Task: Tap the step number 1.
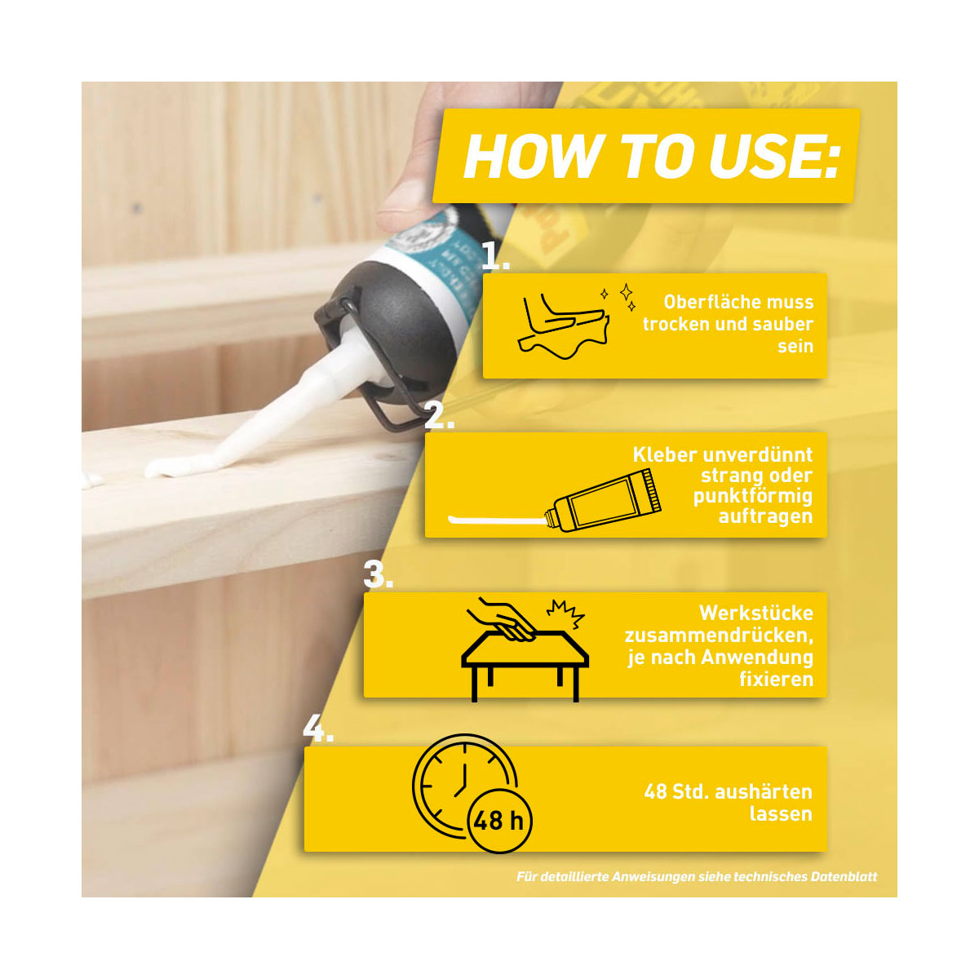pyautogui.click(x=494, y=256)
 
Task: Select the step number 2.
pyautogui.click(x=438, y=416)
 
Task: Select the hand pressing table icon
pyautogui.click(x=525, y=649)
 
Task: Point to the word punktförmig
pyautogui.click(x=752, y=496)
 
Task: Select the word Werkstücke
pyautogui.click(x=756, y=614)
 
